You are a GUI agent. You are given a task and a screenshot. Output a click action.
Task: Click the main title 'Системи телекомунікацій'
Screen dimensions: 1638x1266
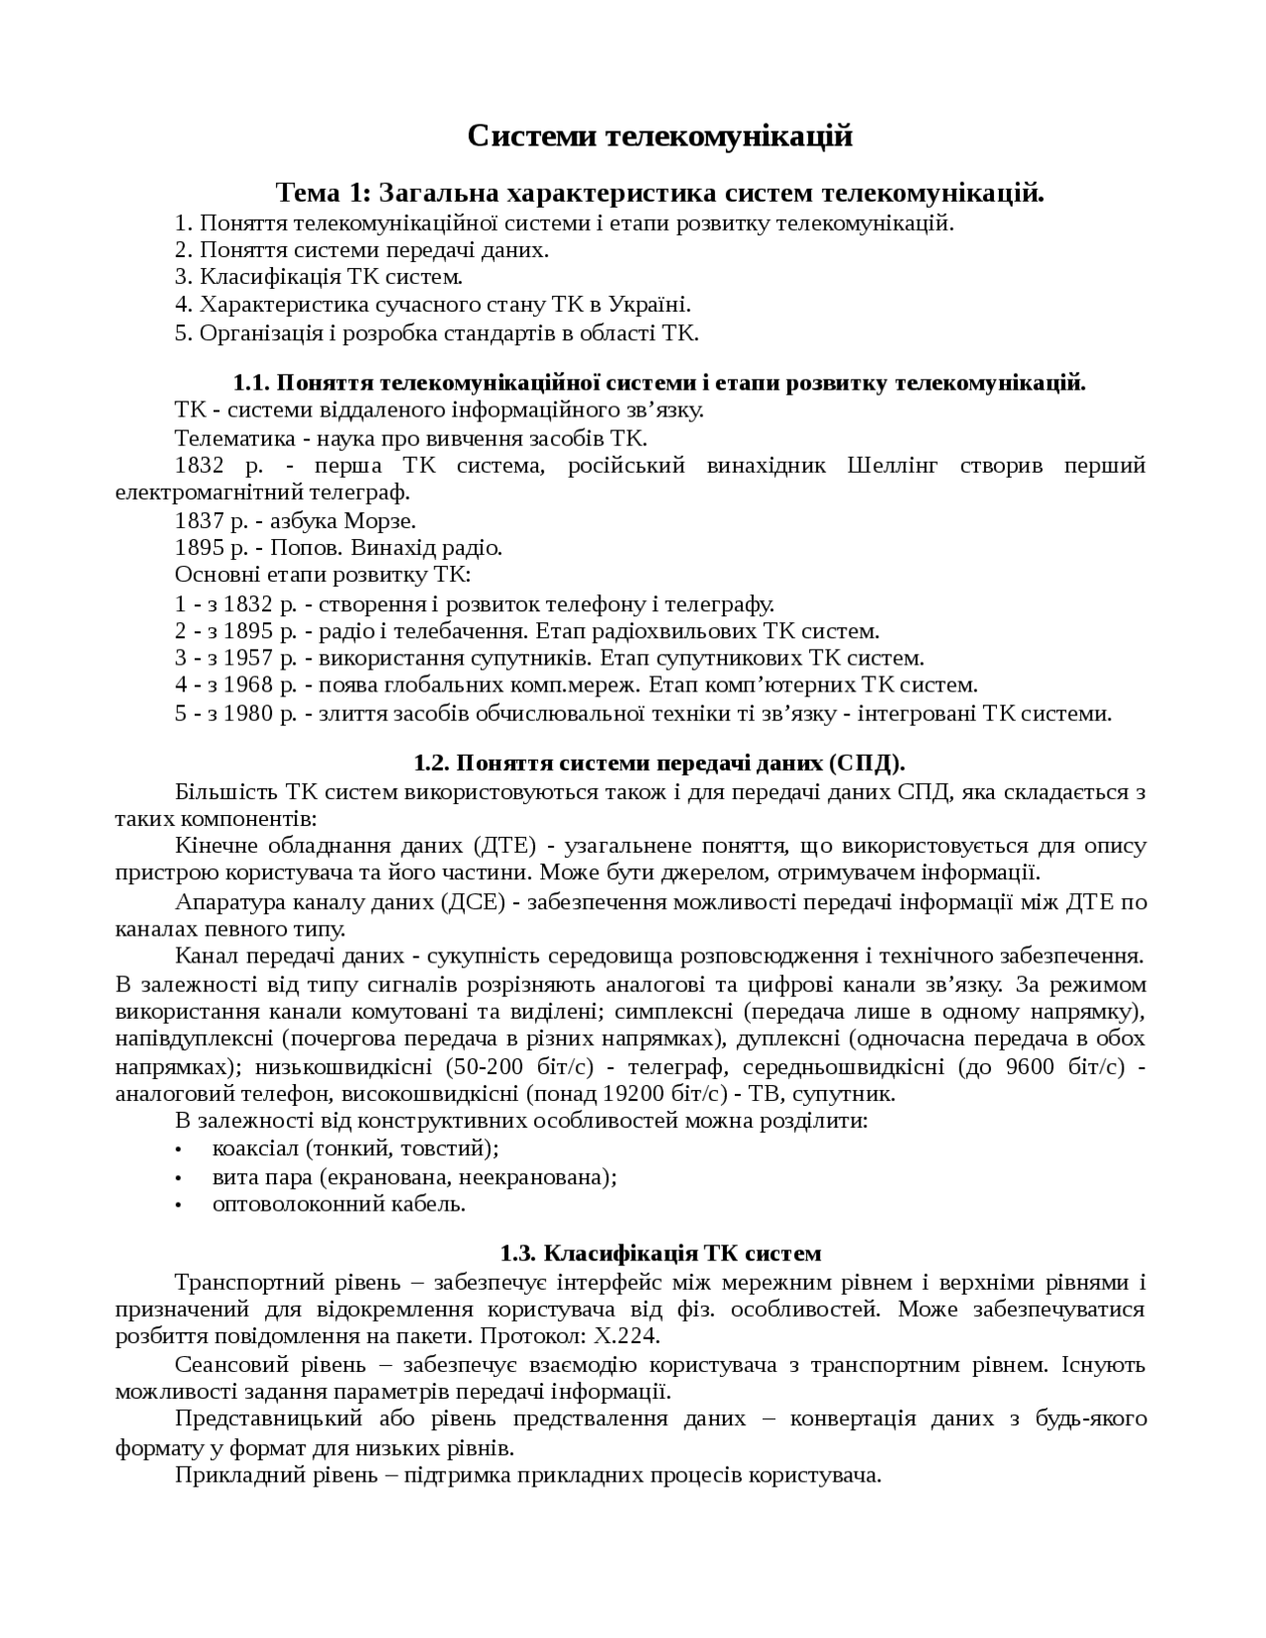pos(660,136)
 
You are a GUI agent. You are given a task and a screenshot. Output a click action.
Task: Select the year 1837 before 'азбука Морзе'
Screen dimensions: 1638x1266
pos(199,520)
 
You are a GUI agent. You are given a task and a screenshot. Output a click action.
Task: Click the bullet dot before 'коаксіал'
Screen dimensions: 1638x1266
pos(178,1149)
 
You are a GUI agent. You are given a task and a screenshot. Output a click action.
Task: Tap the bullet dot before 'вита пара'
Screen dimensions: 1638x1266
pos(178,1177)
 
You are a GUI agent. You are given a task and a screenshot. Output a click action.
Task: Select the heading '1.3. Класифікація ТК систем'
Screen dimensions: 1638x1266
pos(660,1253)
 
